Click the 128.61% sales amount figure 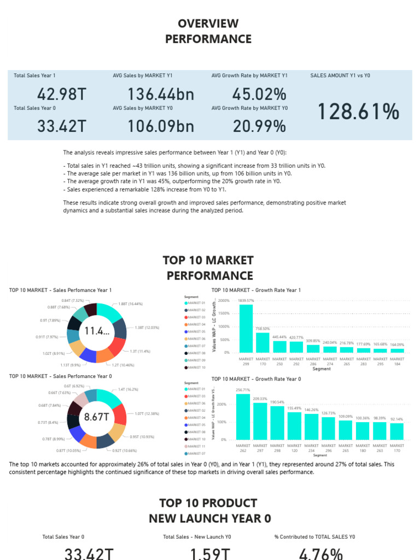click(x=358, y=112)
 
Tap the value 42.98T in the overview click(x=62, y=94)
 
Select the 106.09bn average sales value click(x=161, y=126)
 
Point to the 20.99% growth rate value click(x=259, y=126)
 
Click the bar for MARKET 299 click(x=246, y=328)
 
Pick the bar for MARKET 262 click(x=243, y=417)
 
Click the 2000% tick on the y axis click(x=224, y=301)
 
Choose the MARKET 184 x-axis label click(x=397, y=361)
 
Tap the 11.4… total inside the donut click(x=97, y=331)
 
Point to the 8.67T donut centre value click(x=97, y=417)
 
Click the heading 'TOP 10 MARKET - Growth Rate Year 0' click(x=256, y=379)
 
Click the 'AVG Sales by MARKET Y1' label click(x=143, y=75)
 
